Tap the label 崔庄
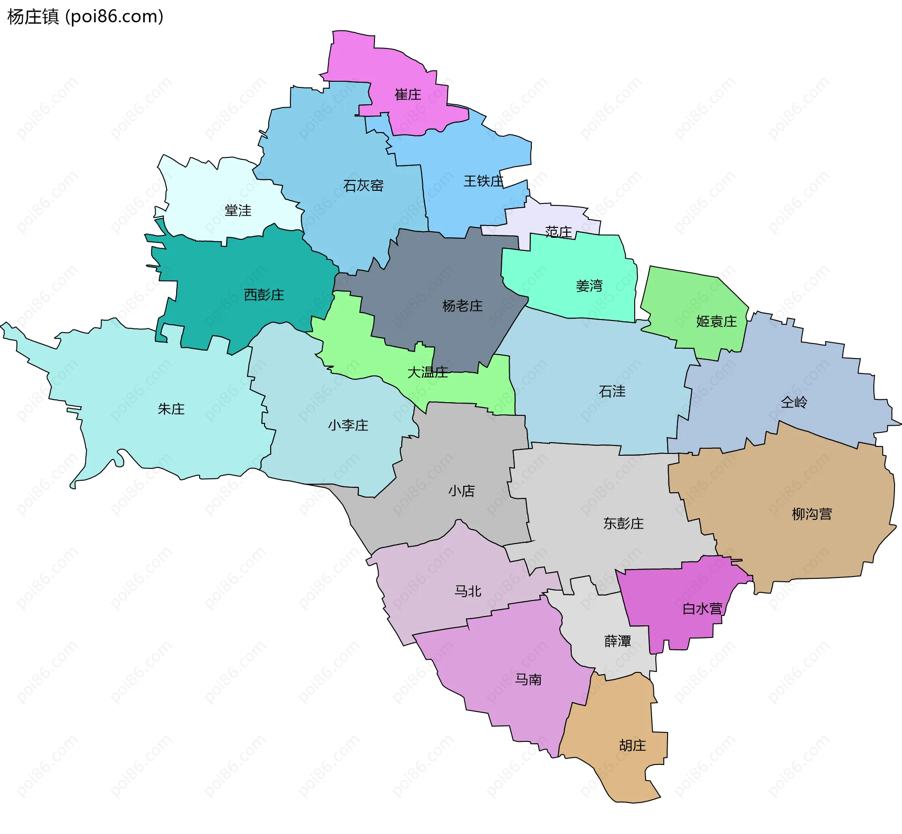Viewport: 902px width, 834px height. pos(408,95)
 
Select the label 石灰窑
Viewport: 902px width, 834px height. pos(363,186)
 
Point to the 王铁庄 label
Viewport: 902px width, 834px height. pos(483,181)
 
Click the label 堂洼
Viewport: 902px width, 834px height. pos(238,210)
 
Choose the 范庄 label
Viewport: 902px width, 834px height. pos(559,232)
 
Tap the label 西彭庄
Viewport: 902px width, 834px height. pos(264,295)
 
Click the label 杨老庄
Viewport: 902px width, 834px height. pos(462,306)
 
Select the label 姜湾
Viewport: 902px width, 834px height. pos(589,286)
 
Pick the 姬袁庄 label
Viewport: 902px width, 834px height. pos(716,321)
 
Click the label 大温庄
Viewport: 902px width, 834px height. pos(428,373)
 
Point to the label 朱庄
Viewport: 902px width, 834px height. pos(171,409)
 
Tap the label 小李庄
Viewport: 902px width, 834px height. pos(348,425)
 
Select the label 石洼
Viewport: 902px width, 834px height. pos(612,391)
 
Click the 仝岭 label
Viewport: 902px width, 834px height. pos(794,402)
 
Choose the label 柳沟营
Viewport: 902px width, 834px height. pos(812,514)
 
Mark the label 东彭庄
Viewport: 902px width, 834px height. pos(623,523)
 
